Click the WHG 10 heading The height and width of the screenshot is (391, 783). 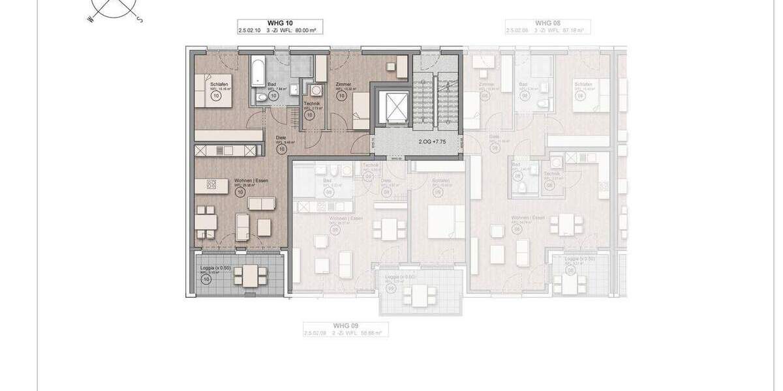[x=280, y=23]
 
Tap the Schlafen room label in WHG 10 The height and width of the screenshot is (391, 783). [x=219, y=84]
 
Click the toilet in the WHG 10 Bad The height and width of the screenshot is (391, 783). [x=262, y=98]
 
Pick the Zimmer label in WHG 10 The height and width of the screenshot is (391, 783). [x=343, y=84]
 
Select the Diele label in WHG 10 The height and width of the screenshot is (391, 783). [x=281, y=138]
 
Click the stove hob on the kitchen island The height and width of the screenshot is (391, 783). [x=211, y=184]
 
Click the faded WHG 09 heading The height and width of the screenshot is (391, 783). [x=346, y=325]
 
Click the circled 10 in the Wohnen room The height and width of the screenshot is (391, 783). [x=240, y=192]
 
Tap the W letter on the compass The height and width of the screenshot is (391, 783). [x=91, y=20]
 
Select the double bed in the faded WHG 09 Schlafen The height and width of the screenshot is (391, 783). [x=446, y=222]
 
